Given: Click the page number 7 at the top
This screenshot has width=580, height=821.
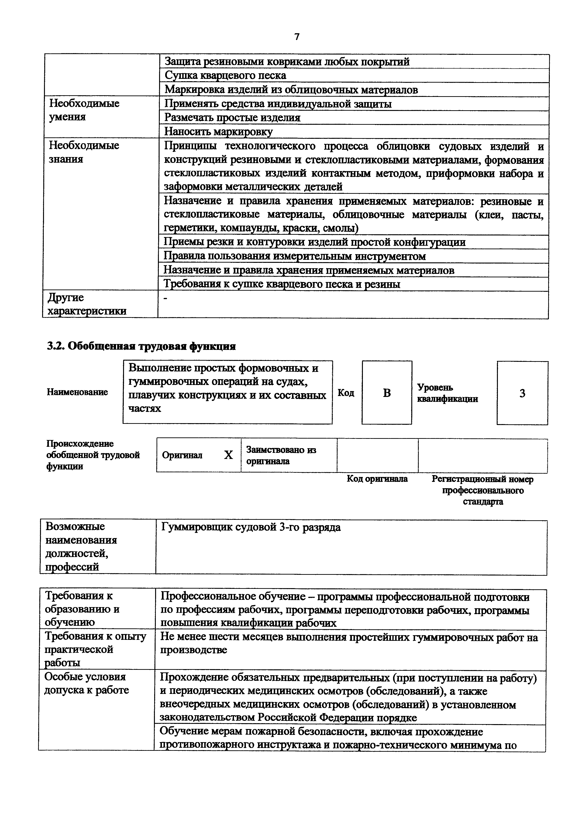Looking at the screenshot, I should tap(297, 37).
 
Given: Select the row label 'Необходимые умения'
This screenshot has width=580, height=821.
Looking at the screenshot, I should tap(84, 110).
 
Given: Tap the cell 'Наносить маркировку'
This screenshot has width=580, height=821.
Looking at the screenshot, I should tap(218, 132).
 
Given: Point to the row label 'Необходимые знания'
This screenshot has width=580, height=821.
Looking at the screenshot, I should tap(84, 152).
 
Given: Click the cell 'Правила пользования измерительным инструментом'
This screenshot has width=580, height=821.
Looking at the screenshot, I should tap(295, 256).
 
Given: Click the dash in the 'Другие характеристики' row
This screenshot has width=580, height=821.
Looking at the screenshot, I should tap(165, 298).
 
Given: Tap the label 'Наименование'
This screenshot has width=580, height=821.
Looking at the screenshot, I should tap(77, 392).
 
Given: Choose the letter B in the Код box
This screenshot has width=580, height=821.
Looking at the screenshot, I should tap(387, 393).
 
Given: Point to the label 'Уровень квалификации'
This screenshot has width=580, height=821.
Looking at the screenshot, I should tap(447, 393).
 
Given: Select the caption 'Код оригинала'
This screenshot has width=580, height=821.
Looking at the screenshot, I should tap(377, 478).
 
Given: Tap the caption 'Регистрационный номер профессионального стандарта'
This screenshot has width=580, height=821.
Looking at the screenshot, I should tap(482, 490).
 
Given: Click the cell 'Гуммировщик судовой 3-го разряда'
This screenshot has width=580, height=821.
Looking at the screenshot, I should tap(251, 527).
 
